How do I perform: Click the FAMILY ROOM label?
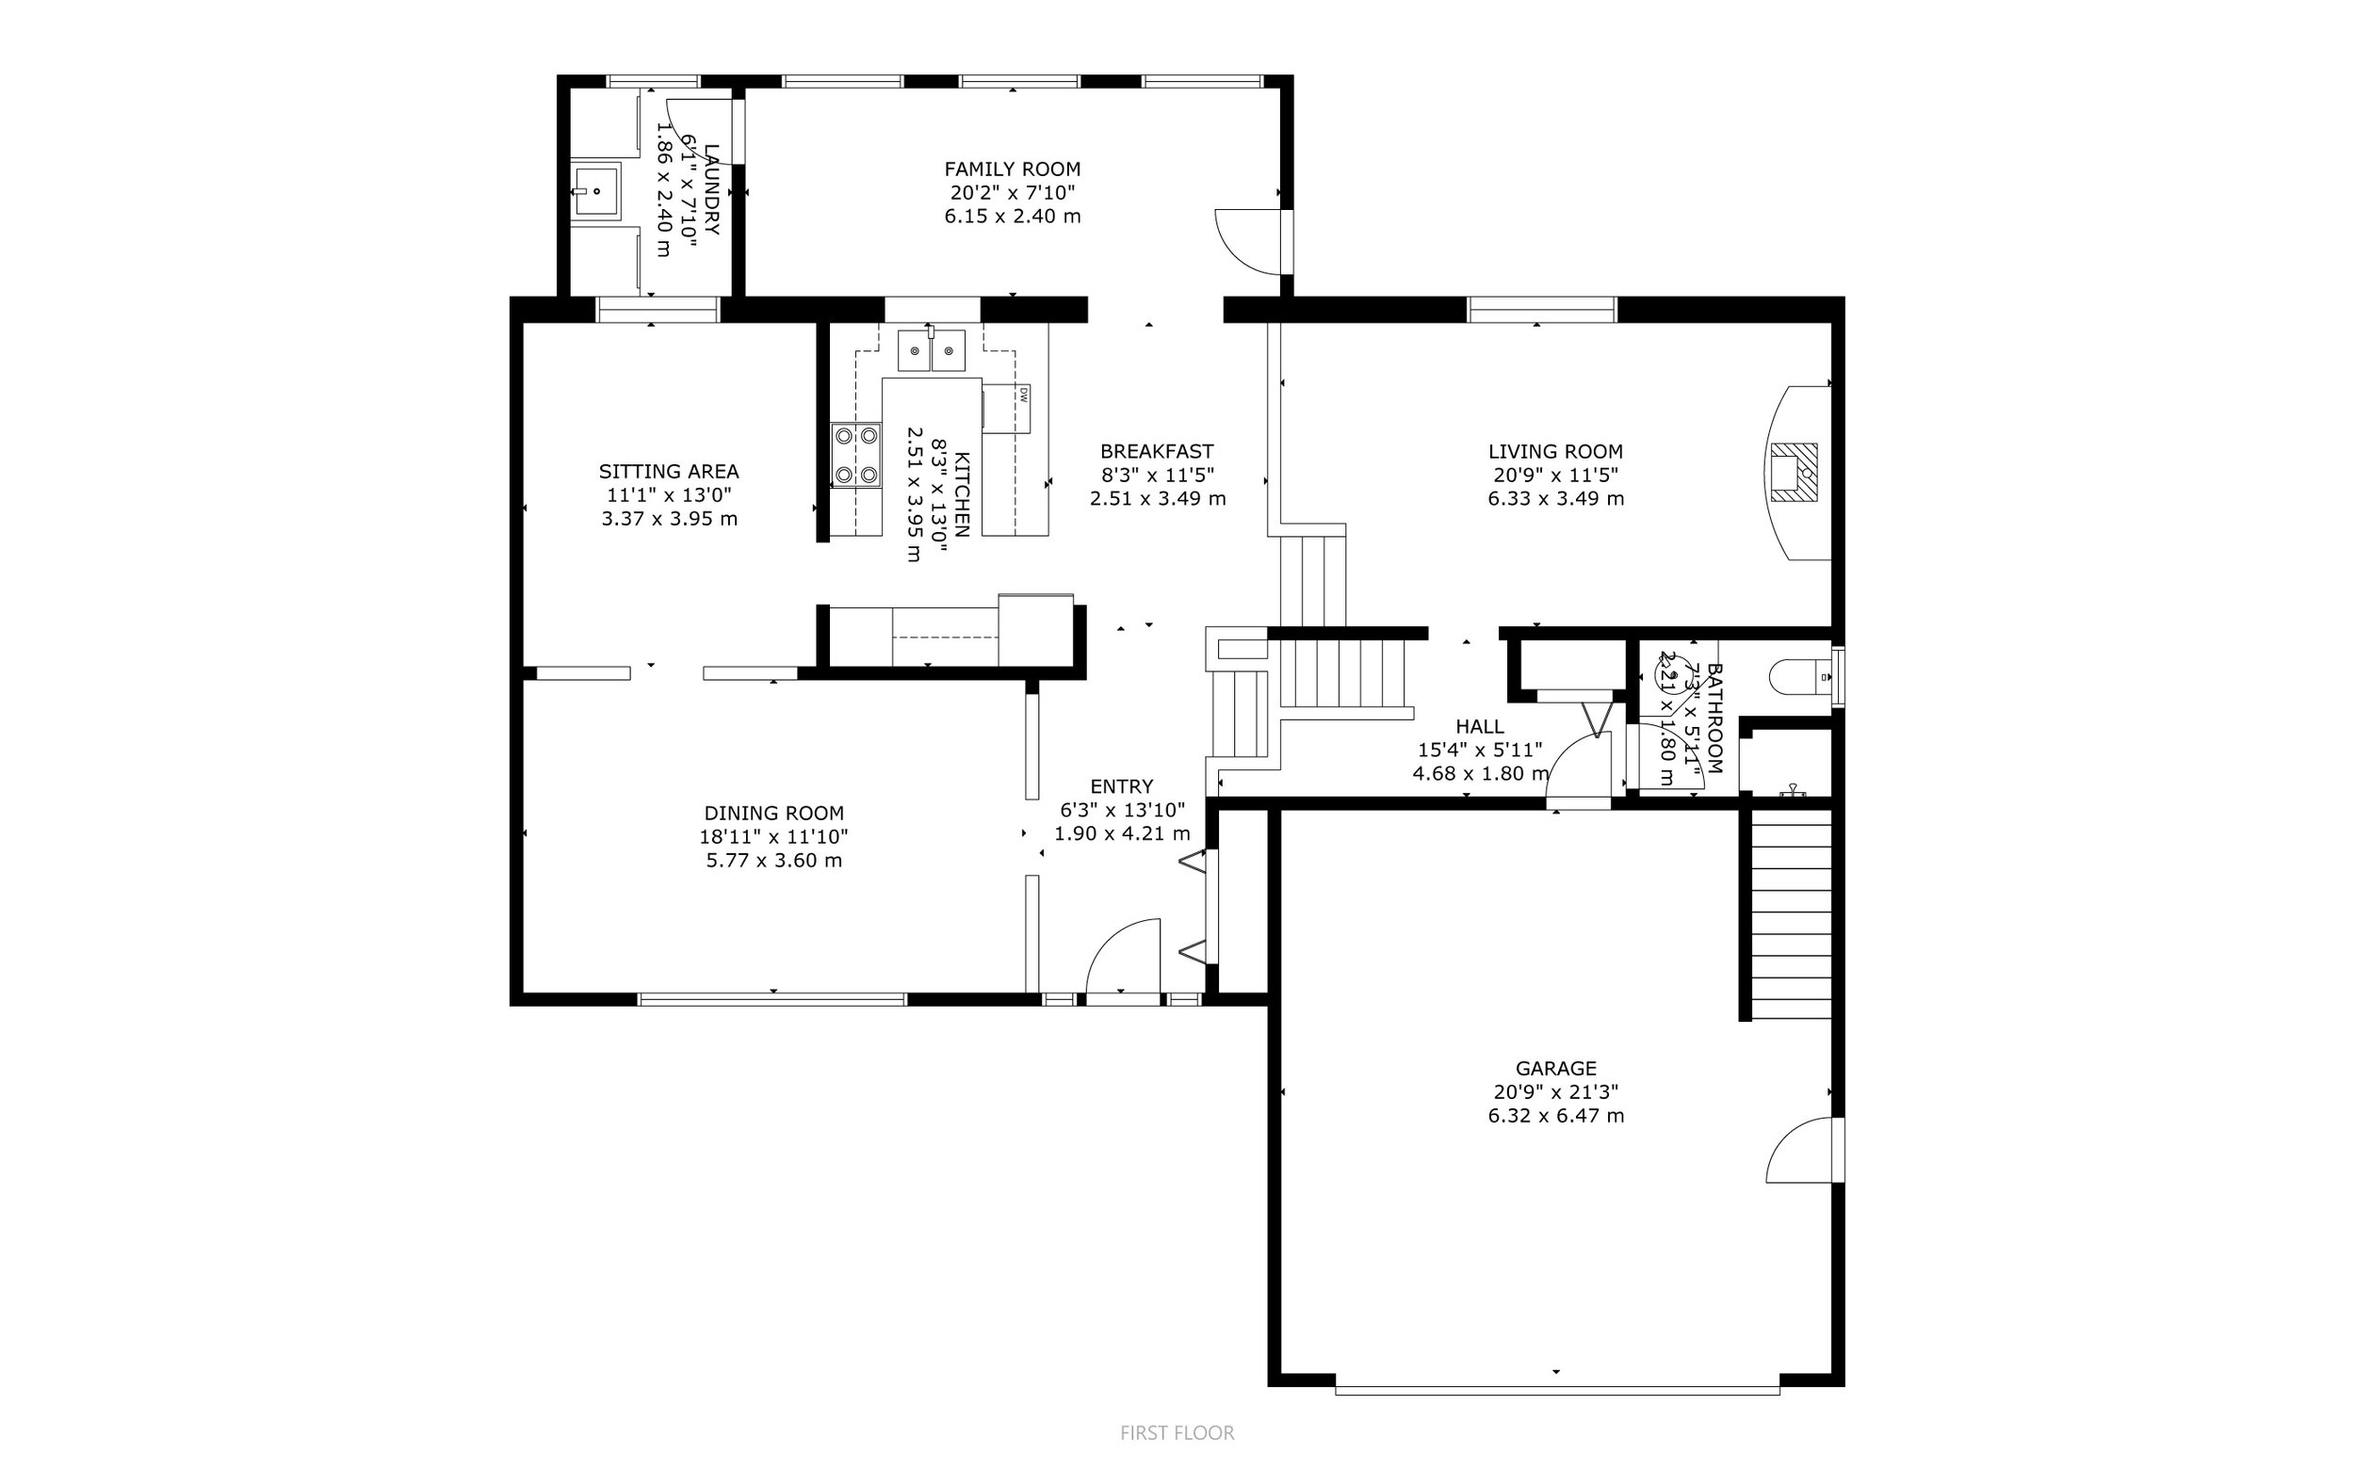click(1013, 170)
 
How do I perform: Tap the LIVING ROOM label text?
click(1554, 451)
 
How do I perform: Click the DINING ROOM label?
click(774, 813)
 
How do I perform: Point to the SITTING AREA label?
click(669, 472)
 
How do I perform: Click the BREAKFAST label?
click(1156, 451)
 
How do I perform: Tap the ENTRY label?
click(1121, 786)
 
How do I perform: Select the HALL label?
click(1480, 726)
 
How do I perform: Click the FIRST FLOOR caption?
click(1177, 1433)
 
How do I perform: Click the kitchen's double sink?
click(932, 351)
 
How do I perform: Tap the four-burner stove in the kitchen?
click(855, 455)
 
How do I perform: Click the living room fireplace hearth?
click(1793, 473)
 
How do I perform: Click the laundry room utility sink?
click(595, 191)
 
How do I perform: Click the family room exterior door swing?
click(1250, 240)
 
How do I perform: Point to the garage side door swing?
click(1805, 1150)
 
